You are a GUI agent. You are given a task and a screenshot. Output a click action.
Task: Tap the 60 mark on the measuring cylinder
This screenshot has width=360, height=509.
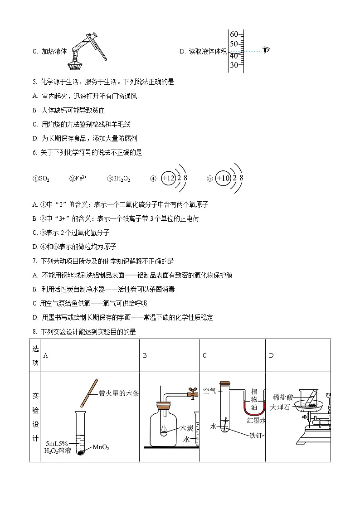(x=234, y=34)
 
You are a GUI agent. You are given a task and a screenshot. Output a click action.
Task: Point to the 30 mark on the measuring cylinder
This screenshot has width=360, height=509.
(x=234, y=65)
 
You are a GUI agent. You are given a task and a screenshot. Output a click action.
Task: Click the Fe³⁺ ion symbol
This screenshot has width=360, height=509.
(x=78, y=179)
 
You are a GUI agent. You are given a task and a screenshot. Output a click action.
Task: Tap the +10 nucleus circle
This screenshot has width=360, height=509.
(x=224, y=178)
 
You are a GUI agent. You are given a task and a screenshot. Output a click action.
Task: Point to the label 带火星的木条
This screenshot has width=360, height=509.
(x=118, y=393)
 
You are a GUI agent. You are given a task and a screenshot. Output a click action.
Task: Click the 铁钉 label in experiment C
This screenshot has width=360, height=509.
(x=256, y=435)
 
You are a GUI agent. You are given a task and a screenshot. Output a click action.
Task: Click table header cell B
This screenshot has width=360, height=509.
(x=145, y=355)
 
